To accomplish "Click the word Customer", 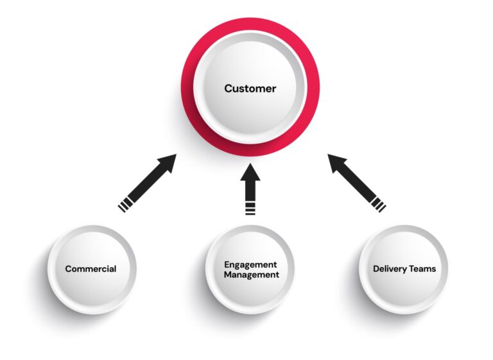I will point(250,89).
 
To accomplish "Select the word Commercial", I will point(91,269).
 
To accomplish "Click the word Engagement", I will point(250,264).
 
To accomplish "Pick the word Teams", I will point(424,269).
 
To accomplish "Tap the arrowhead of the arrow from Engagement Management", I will point(250,172).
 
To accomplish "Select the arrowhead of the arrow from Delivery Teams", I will point(336,162).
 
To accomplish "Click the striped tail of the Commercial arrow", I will point(126,204).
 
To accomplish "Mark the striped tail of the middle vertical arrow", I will point(250,208).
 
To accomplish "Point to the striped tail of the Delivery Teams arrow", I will point(377,204).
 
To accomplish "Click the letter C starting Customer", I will point(228,89).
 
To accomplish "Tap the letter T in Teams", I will point(414,269).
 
